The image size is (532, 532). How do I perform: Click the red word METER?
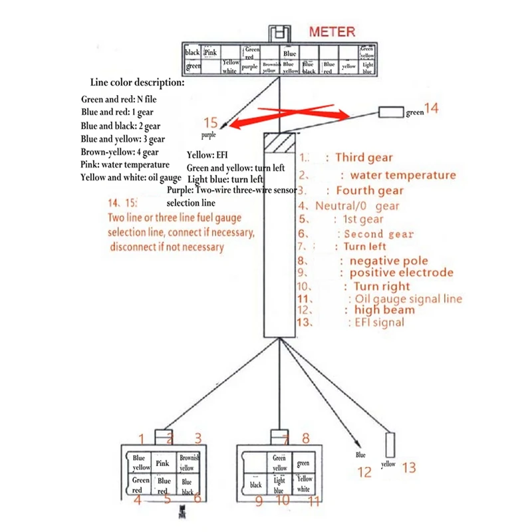[332, 31]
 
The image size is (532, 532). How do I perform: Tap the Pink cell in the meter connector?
[211, 52]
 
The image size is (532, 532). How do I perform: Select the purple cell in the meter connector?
[249, 66]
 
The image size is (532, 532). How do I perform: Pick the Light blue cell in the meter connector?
[368, 66]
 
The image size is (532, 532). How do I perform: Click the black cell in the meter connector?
[192, 52]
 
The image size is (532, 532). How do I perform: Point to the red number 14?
[431, 107]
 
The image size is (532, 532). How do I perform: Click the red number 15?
[211, 122]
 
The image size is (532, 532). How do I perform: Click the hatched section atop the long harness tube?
[280, 142]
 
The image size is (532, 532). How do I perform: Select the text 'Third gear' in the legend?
[364, 158]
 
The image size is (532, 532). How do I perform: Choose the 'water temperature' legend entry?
[403, 176]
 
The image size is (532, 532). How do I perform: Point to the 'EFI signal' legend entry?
[376, 323]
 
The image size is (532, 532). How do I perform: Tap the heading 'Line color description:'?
[138, 82]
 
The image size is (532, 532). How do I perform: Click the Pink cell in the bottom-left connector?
[163, 464]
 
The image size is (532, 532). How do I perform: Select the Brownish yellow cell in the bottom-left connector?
[187, 464]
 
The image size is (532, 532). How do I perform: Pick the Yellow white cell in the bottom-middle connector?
[304, 483]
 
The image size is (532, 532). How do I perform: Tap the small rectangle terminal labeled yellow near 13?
[390, 444]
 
